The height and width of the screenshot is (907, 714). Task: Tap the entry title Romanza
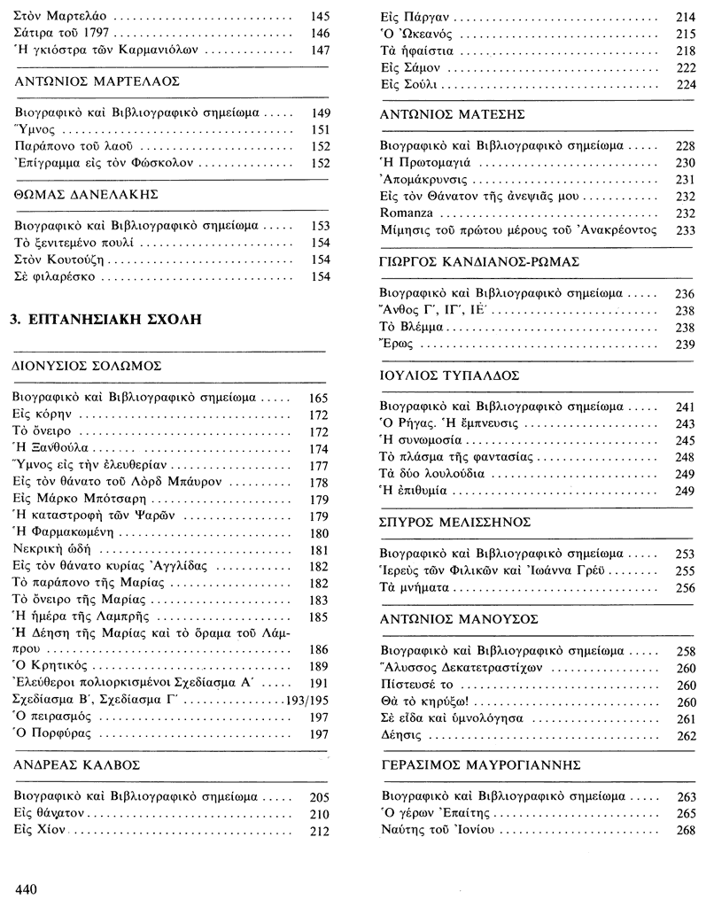click(407, 213)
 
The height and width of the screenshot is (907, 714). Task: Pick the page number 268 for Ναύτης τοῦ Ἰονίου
click(686, 829)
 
